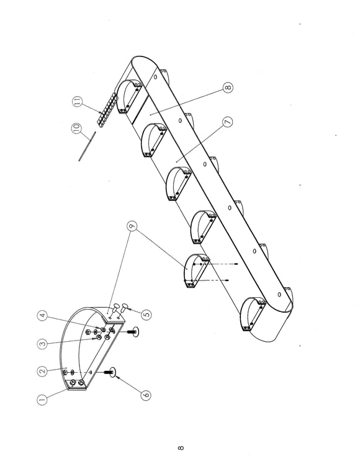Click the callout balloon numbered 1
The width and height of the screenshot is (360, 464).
coord(42,399)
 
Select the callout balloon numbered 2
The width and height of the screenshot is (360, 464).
coord(43,372)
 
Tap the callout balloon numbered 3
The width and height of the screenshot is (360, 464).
coord(43,344)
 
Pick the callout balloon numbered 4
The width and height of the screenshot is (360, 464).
coord(43,316)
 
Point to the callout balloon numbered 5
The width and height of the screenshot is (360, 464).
coord(146,315)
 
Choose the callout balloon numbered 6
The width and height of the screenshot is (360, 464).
coord(145,395)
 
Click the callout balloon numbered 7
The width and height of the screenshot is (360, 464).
coord(227,122)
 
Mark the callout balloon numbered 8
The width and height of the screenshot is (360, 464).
coord(228,87)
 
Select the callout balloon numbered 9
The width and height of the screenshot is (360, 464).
coord(132,226)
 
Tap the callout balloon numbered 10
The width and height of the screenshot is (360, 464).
coord(76,128)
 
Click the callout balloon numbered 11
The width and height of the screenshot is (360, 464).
coord(77,102)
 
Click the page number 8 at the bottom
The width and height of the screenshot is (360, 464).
coord(181,448)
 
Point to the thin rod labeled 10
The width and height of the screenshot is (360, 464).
coord(87,146)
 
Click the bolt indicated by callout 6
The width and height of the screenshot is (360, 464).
coord(109,373)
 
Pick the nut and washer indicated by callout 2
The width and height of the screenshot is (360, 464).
coord(69,372)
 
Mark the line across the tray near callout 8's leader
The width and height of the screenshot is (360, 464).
coord(140,109)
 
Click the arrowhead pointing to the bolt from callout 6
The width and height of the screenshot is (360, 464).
coord(117,377)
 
